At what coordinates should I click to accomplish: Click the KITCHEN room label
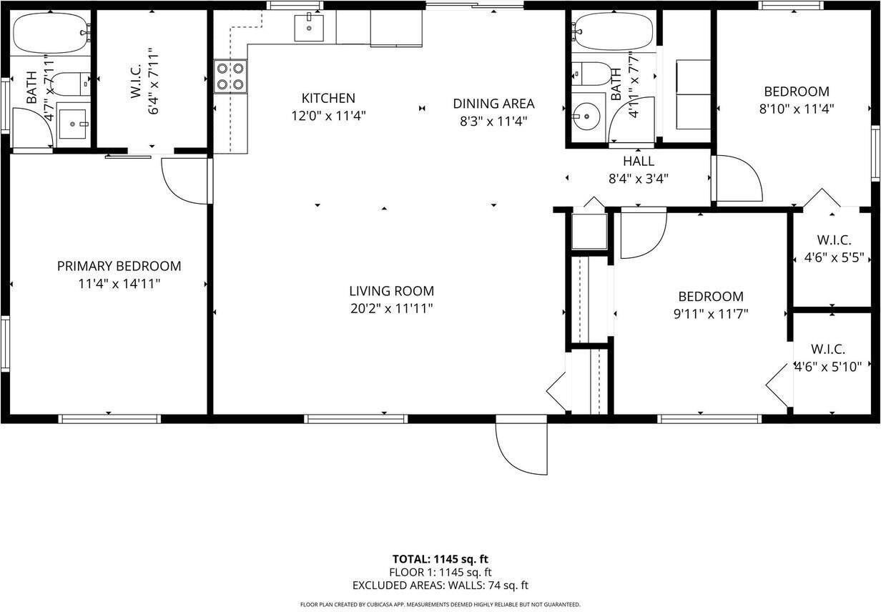[x=328, y=98]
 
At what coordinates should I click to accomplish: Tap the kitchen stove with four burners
[x=230, y=76]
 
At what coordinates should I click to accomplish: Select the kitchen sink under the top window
[x=309, y=28]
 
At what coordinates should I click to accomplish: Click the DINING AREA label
[x=493, y=104]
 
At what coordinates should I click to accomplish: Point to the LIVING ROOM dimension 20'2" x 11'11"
[x=391, y=309]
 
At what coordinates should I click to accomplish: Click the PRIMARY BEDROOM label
[x=119, y=266]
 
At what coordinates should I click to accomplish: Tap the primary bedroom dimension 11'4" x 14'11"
[x=119, y=284]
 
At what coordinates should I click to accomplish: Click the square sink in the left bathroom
[x=72, y=124]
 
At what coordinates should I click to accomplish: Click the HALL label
[x=638, y=162]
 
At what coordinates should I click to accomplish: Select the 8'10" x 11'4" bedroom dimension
[x=797, y=109]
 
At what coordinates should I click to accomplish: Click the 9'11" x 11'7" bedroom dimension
[x=710, y=313]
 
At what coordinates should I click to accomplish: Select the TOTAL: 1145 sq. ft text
[x=440, y=559]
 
